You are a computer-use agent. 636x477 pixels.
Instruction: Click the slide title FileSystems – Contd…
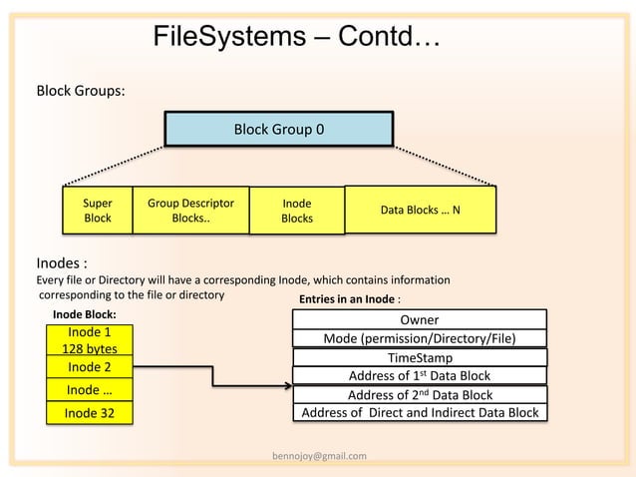pos(297,38)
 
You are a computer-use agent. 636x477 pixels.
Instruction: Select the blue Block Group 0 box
pos(278,130)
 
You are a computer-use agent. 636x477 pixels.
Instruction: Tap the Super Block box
pos(97,211)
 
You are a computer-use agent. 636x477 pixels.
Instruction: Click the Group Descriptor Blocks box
pos(190,211)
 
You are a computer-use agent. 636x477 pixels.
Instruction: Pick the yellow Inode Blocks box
pos(296,212)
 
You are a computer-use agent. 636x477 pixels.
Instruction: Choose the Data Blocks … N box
pos(420,211)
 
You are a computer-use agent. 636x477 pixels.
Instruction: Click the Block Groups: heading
pos(81,91)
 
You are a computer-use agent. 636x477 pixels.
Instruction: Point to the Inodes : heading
pos(61,264)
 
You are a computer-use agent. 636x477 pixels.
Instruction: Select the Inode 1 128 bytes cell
pos(90,340)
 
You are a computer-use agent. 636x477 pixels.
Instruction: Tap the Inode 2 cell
pos(90,367)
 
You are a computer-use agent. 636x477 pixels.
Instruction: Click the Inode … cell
pos(90,389)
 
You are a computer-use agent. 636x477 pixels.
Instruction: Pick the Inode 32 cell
pos(90,412)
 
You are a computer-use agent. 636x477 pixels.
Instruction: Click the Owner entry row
pos(420,320)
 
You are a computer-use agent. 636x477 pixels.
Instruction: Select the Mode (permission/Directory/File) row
pos(420,338)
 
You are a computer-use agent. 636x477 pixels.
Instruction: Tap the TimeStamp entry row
pos(420,357)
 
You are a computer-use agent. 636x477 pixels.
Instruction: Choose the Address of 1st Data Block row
pos(420,376)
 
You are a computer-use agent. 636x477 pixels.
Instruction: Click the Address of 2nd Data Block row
pos(420,394)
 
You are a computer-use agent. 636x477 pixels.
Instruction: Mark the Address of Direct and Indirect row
pos(420,412)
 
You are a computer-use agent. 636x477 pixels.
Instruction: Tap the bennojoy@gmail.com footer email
pos(319,456)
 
